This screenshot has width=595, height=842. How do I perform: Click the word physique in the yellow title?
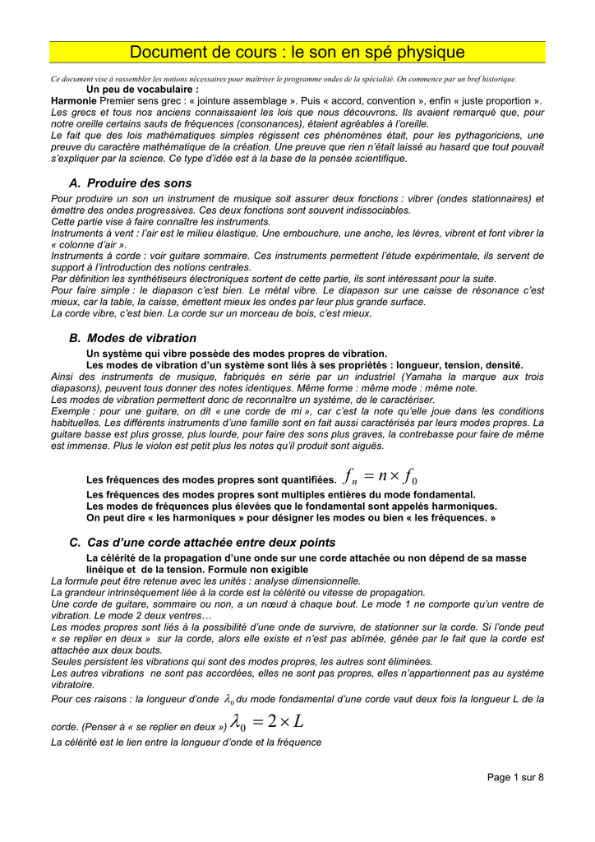[423, 53]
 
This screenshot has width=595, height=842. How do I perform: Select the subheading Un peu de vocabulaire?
[142, 89]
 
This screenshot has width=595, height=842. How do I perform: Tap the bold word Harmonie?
[74, 99]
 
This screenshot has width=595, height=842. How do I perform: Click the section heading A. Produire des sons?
[131, 183]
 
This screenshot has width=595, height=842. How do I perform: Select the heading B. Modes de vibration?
[133, 338]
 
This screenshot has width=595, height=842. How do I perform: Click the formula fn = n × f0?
[382, 477]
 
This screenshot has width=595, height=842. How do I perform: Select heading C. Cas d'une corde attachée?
[202, 543]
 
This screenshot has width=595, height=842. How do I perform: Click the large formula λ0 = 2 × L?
[268, 723]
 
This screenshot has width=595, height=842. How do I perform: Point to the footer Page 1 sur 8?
[515, 777]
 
